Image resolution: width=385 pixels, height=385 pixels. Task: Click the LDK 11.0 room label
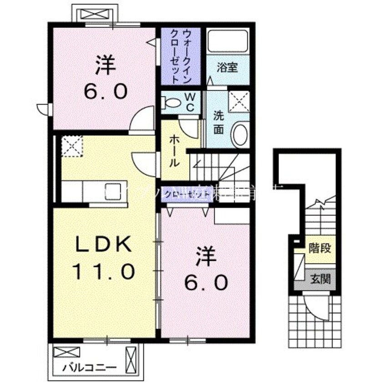pos(104,260)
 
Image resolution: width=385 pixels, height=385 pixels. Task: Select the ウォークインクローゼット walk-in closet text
pos(180,56)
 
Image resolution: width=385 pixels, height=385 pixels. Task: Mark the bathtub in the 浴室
pos(228,43)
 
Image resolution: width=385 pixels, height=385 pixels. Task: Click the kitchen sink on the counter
pos(112,191)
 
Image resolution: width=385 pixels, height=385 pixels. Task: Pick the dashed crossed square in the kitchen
pos(72,146)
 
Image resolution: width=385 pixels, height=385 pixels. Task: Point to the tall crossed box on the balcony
pos(132,360)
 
